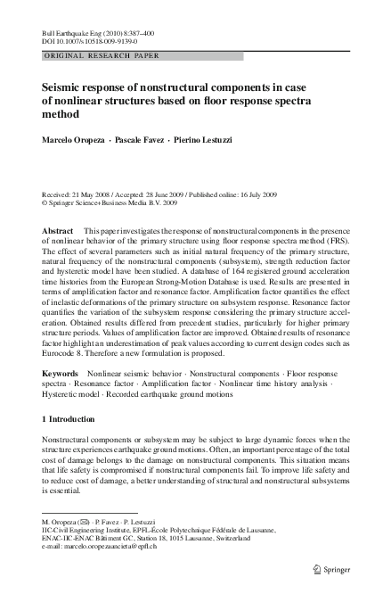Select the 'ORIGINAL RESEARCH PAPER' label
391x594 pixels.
[x=102, y=55]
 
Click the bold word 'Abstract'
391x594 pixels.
[x=58, y=230]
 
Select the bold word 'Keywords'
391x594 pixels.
[x=61, y=397]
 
